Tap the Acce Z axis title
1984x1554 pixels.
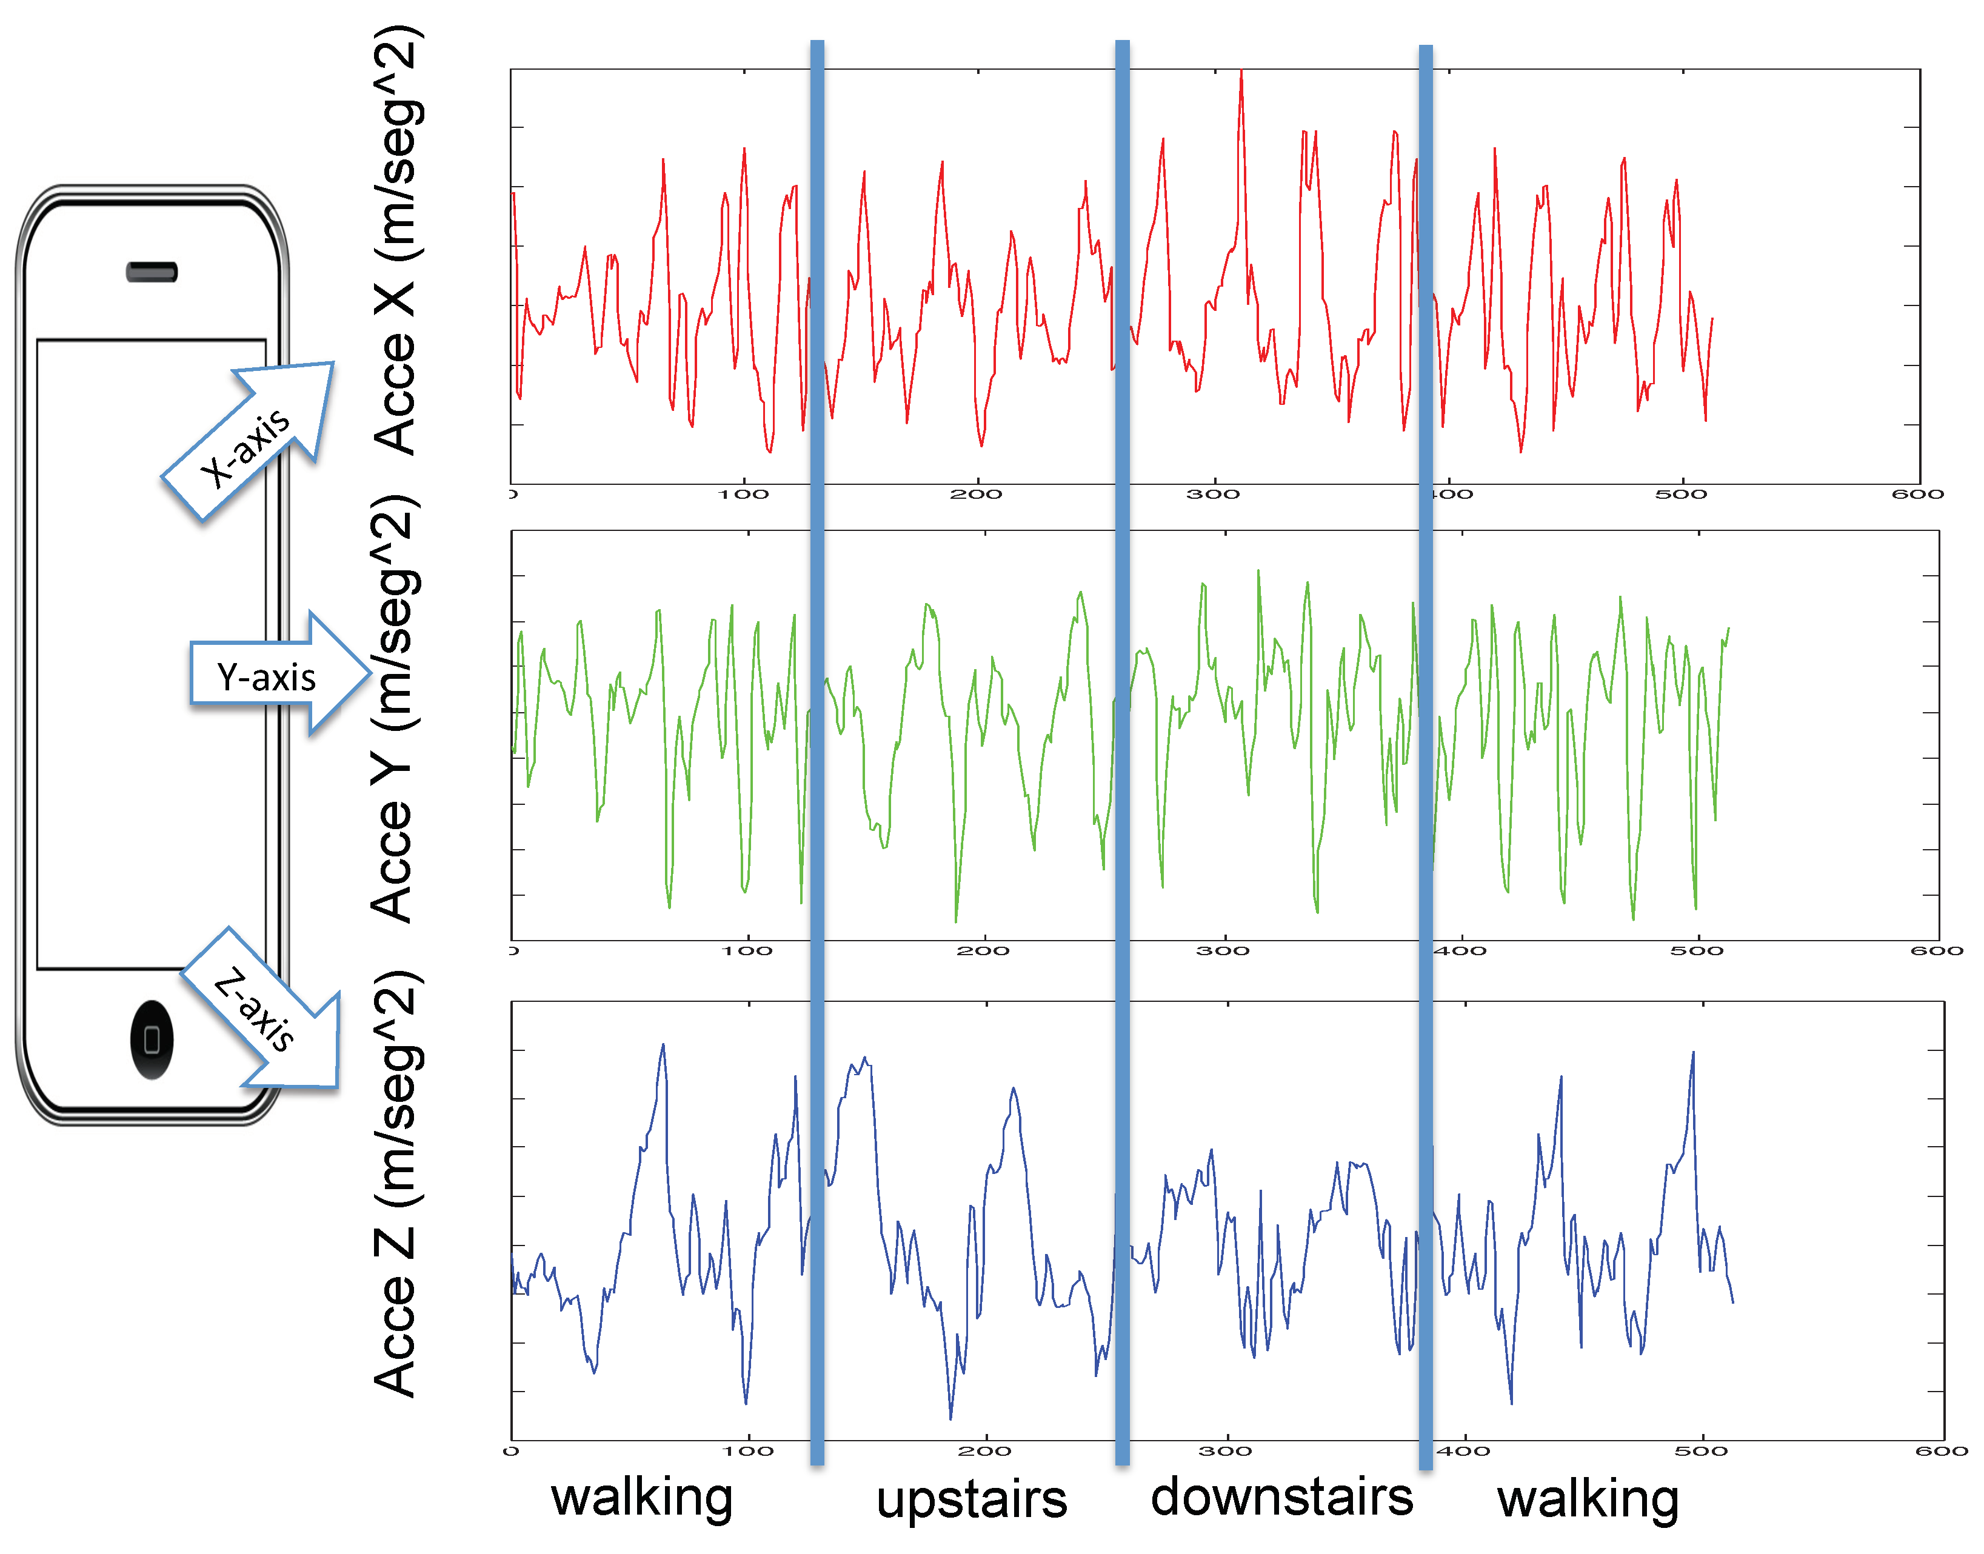(397, 1183)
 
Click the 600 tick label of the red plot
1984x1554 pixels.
(1917, 494)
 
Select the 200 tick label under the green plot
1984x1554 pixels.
(983, 951)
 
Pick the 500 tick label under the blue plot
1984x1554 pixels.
(1701, 1451)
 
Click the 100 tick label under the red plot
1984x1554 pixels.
(744, 494)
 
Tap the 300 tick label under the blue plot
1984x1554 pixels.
(1225, 1451)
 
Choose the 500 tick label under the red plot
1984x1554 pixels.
(1681, 494)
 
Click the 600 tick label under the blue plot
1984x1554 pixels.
(1941, 1451)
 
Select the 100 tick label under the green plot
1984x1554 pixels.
(747, 951)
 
